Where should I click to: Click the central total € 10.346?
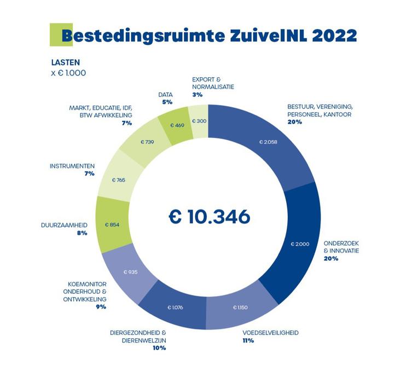pos(209,216)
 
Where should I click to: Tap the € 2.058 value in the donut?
pos(271,142)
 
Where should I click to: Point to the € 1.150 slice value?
pos(240,307)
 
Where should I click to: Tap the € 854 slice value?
pos(112,225)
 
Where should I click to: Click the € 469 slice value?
pos(177,125)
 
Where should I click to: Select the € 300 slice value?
pos(199,121)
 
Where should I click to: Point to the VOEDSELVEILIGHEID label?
pos(271,332)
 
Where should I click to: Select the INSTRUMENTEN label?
pos(72,166)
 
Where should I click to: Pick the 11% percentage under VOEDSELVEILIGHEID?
pos(248,340)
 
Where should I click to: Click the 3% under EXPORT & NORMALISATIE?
pos(197,95)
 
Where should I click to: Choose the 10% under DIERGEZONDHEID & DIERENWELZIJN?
pos(159,347)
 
